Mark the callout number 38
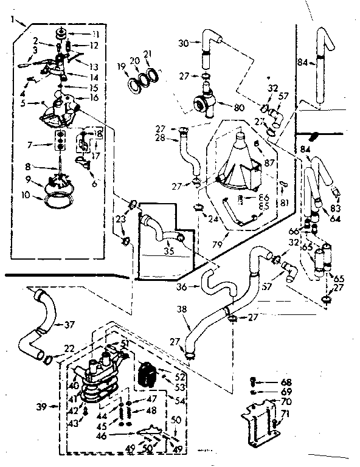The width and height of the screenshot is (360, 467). tap(181, 310)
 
